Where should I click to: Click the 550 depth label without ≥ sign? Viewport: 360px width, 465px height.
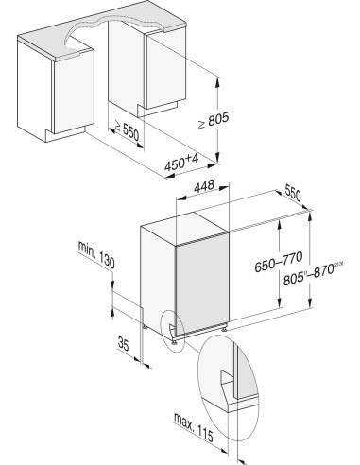tap(294, 197)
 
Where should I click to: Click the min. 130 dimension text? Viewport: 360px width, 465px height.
tap(96, 251)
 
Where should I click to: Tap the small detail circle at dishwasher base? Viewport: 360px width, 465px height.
tap(170, 330)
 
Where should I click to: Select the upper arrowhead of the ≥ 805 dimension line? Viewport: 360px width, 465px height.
tap(219, 80)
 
